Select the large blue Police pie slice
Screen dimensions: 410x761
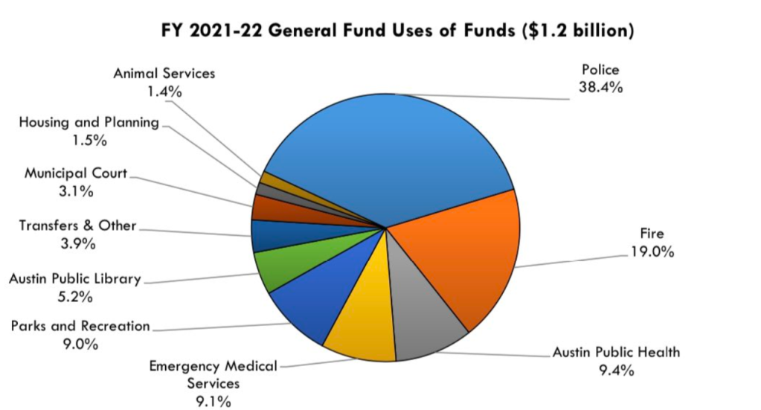(387, 156)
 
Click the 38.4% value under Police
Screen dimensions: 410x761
(600, 87)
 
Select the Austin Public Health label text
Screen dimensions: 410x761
(616, 352)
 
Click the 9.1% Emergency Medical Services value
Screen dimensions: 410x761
(213, 401)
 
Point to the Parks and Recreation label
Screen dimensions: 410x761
(80, 326)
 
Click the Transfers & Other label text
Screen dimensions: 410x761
(77, 225)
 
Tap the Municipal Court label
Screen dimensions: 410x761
(76, 173)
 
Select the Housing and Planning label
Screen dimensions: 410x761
(89, 122)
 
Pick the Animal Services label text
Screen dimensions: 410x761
(164, 74)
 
